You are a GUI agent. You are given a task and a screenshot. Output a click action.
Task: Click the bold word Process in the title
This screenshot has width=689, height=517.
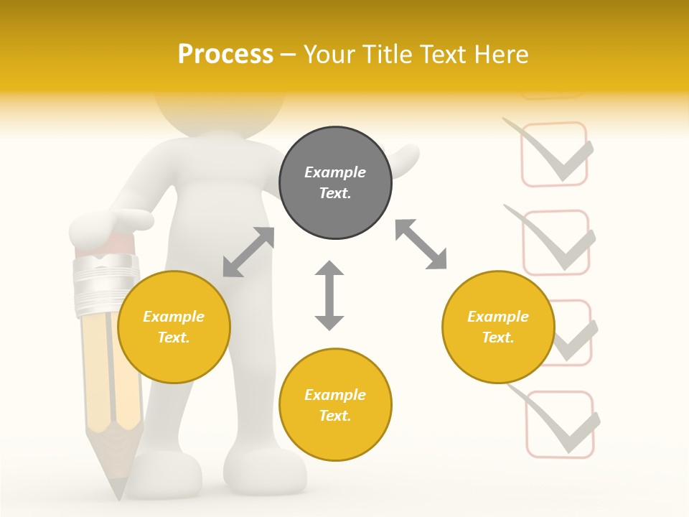pyautogui.click(x=225, y=55)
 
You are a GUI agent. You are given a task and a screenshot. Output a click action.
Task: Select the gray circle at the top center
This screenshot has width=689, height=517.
pyautogui.click(x=335, y=183)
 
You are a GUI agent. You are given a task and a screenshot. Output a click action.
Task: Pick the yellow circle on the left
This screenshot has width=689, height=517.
pyautogui.click(x=174, y=327)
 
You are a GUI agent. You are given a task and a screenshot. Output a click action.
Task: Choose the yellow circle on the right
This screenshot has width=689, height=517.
pyautogui.click(x=498, y=327)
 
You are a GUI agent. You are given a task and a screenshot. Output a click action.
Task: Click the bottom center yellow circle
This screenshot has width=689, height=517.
pyautogui.click(x=335, y=405)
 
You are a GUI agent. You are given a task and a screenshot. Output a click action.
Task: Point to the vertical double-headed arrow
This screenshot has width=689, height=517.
pyautogui.click(x=329, y=296)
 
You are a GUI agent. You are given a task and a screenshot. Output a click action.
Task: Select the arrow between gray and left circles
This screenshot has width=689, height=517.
pyautogui.click(x=248, y=252)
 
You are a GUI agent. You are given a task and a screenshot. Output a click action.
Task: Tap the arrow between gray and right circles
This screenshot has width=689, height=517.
pyautogui.click(x=421, y=245)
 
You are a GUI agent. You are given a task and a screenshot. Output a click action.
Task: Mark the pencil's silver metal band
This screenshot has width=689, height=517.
pyautogui.click(x=106, y=284)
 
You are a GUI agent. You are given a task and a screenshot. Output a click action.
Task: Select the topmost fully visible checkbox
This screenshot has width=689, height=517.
pyautogui.click(x=553, y=154)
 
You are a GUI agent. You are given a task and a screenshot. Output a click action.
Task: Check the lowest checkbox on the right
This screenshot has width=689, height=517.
pyautogui.click(x=560, y=424)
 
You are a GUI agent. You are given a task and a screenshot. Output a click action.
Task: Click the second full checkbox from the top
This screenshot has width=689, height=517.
pyautogui.click(x=556, y=243)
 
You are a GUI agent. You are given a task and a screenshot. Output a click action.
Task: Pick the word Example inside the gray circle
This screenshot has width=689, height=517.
pyautogui.click(x=335, y=172)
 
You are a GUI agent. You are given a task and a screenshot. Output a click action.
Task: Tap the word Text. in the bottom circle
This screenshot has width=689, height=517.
pyautogui.click(x=335, y=416)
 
